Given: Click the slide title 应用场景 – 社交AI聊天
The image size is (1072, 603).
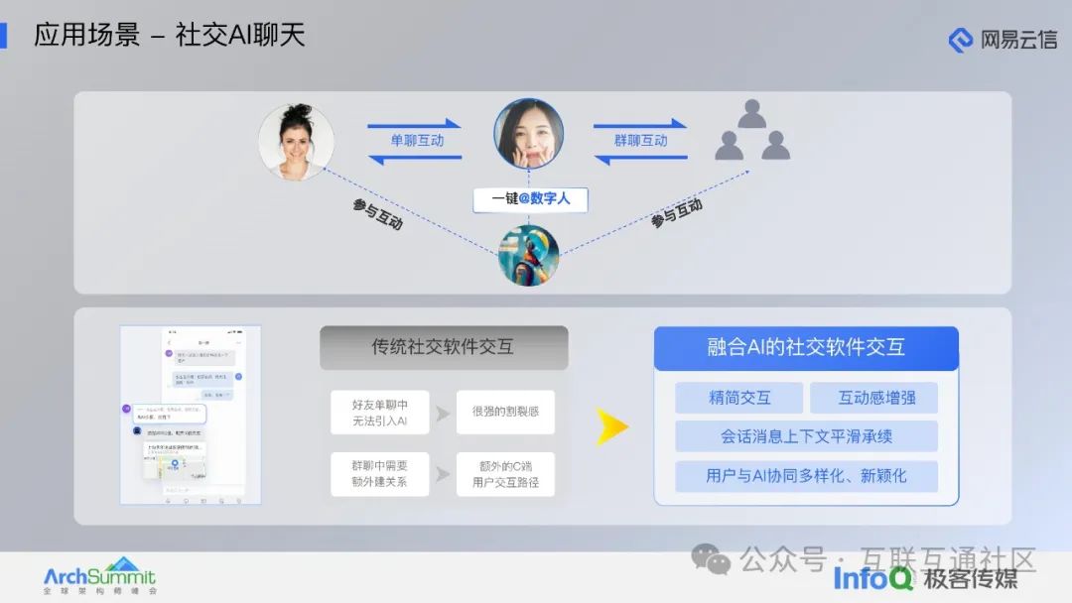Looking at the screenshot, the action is [169, 35].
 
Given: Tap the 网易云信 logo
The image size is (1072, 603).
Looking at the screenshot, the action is [1003, 40].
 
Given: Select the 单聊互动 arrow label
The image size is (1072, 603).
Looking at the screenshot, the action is [415, 140].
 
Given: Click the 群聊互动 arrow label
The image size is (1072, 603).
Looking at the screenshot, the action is [640, 140].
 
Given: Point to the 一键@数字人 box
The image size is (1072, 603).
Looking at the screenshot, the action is [530, 198].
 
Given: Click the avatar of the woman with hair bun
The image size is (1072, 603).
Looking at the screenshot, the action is [296, 142].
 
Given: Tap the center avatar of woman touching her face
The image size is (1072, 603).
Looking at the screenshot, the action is [529, 134].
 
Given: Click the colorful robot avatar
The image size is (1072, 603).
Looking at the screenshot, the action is [528, 255].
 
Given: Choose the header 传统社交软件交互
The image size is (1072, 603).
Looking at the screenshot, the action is [444, 347].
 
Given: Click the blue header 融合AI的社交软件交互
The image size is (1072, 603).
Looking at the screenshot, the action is [806, 347].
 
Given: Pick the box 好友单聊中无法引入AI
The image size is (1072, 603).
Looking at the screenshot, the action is [379, 413].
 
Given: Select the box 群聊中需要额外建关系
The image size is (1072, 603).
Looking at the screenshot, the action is [379, 474].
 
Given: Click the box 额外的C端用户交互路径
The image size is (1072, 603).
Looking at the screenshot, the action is [505, 474].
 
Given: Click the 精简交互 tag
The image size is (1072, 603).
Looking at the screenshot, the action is [739, 398].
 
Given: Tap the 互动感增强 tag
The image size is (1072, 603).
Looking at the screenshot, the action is [873, 398].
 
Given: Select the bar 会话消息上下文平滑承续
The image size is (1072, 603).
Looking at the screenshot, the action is [806, 436].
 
